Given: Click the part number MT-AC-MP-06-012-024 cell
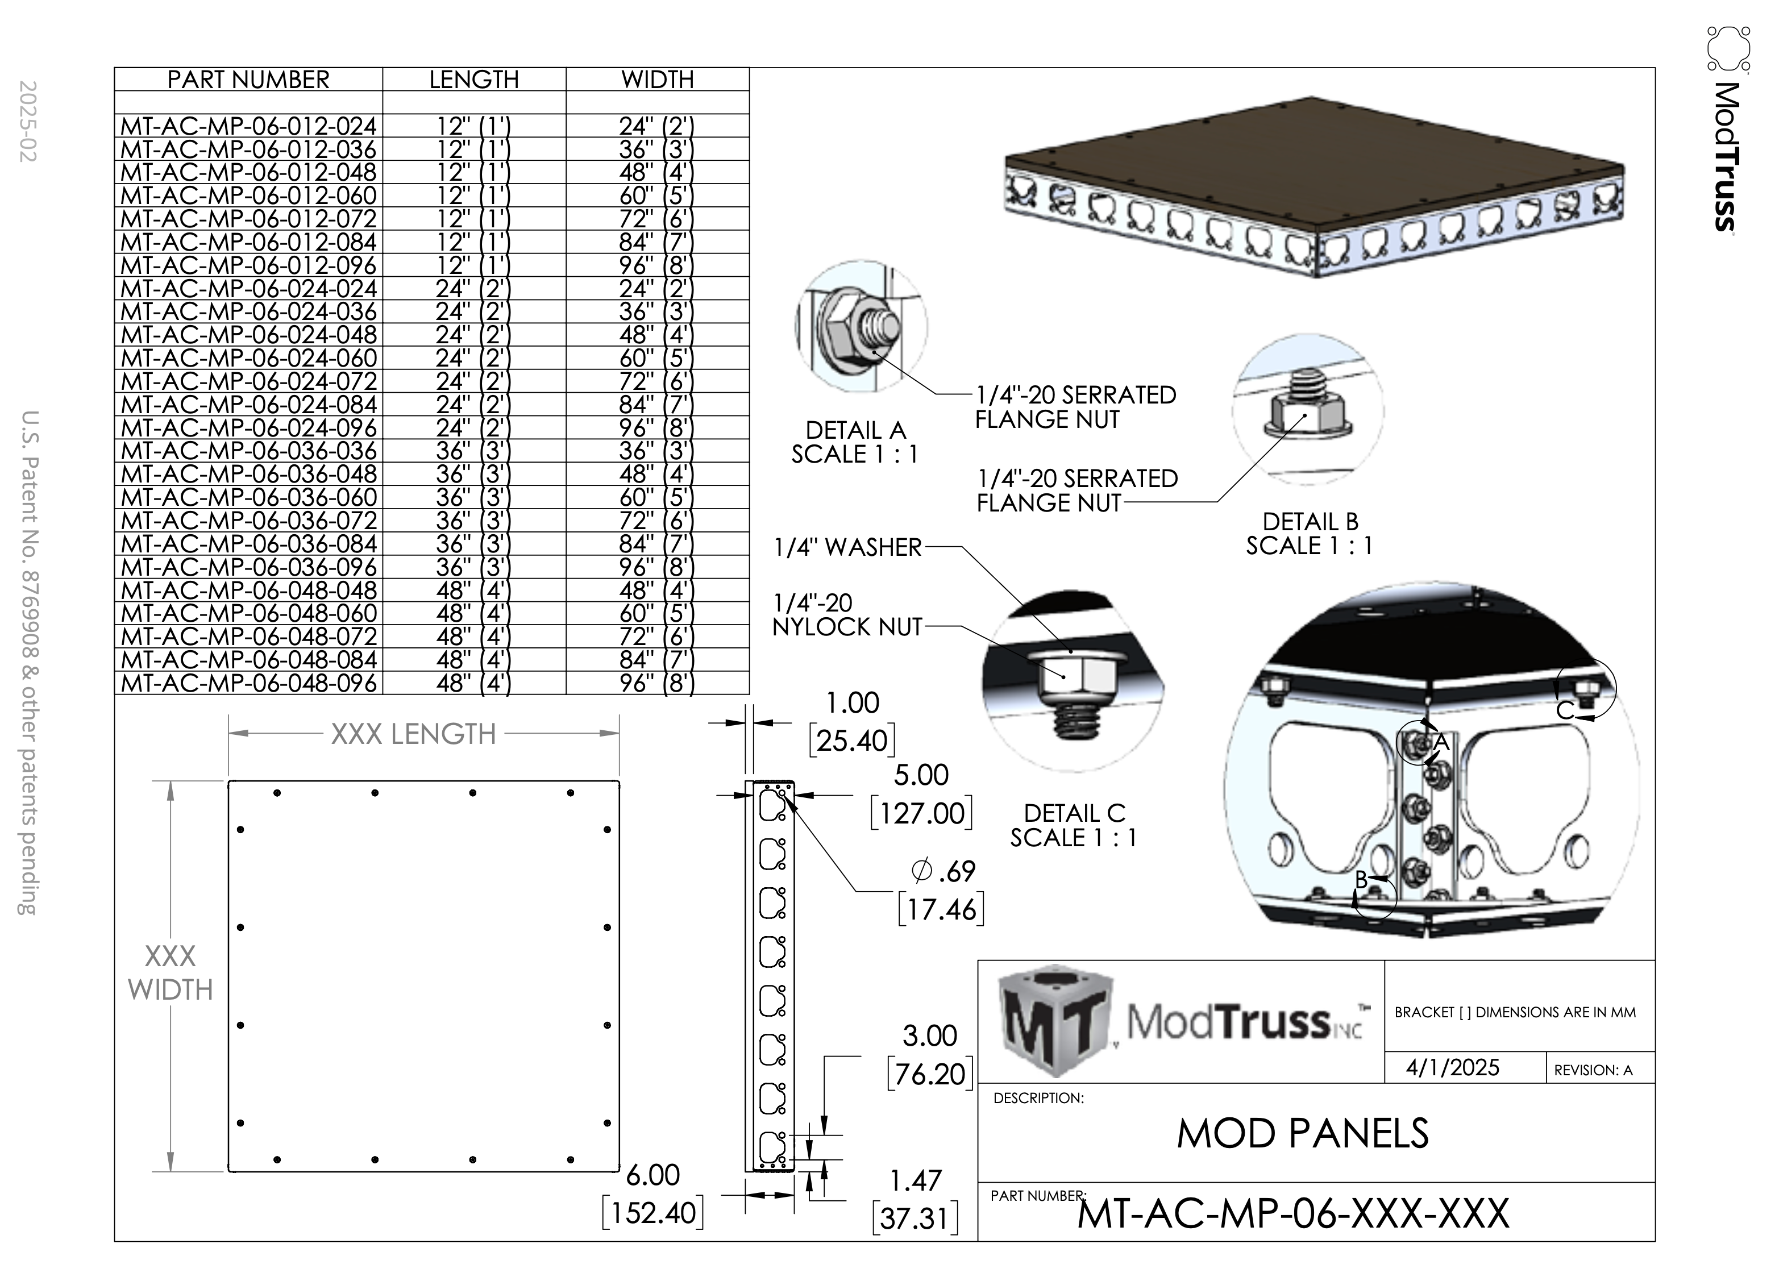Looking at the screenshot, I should coord(248,126).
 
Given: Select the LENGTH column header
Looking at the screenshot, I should coord(474,79).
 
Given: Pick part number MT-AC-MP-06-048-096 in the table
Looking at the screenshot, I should coord(248,683).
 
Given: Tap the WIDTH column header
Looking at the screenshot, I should coord(657,79).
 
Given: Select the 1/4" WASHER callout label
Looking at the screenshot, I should coord(847,547).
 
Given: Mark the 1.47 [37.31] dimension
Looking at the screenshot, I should coord(916,1199).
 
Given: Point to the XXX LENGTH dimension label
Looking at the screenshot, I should coord(413,734).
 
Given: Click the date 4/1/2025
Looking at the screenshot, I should coord(1452,1068).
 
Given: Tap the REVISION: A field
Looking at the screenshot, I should coord(1593,1071).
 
